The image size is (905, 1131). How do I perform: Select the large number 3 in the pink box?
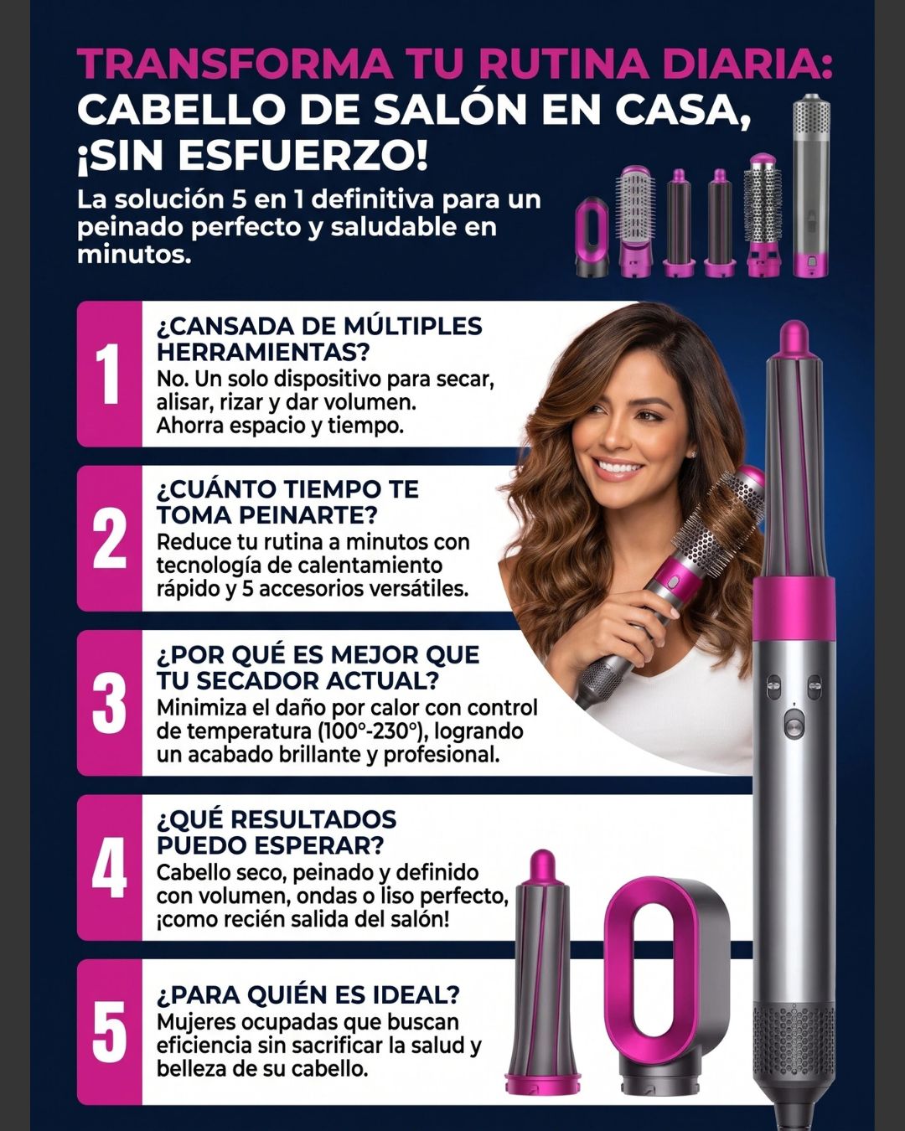110,703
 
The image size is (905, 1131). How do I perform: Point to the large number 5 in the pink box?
110,1031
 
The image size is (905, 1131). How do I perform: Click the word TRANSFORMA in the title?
234,65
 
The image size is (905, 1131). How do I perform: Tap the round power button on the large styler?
794,725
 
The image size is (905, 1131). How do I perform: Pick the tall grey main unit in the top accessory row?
811,185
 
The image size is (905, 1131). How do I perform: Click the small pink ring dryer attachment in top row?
592,238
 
